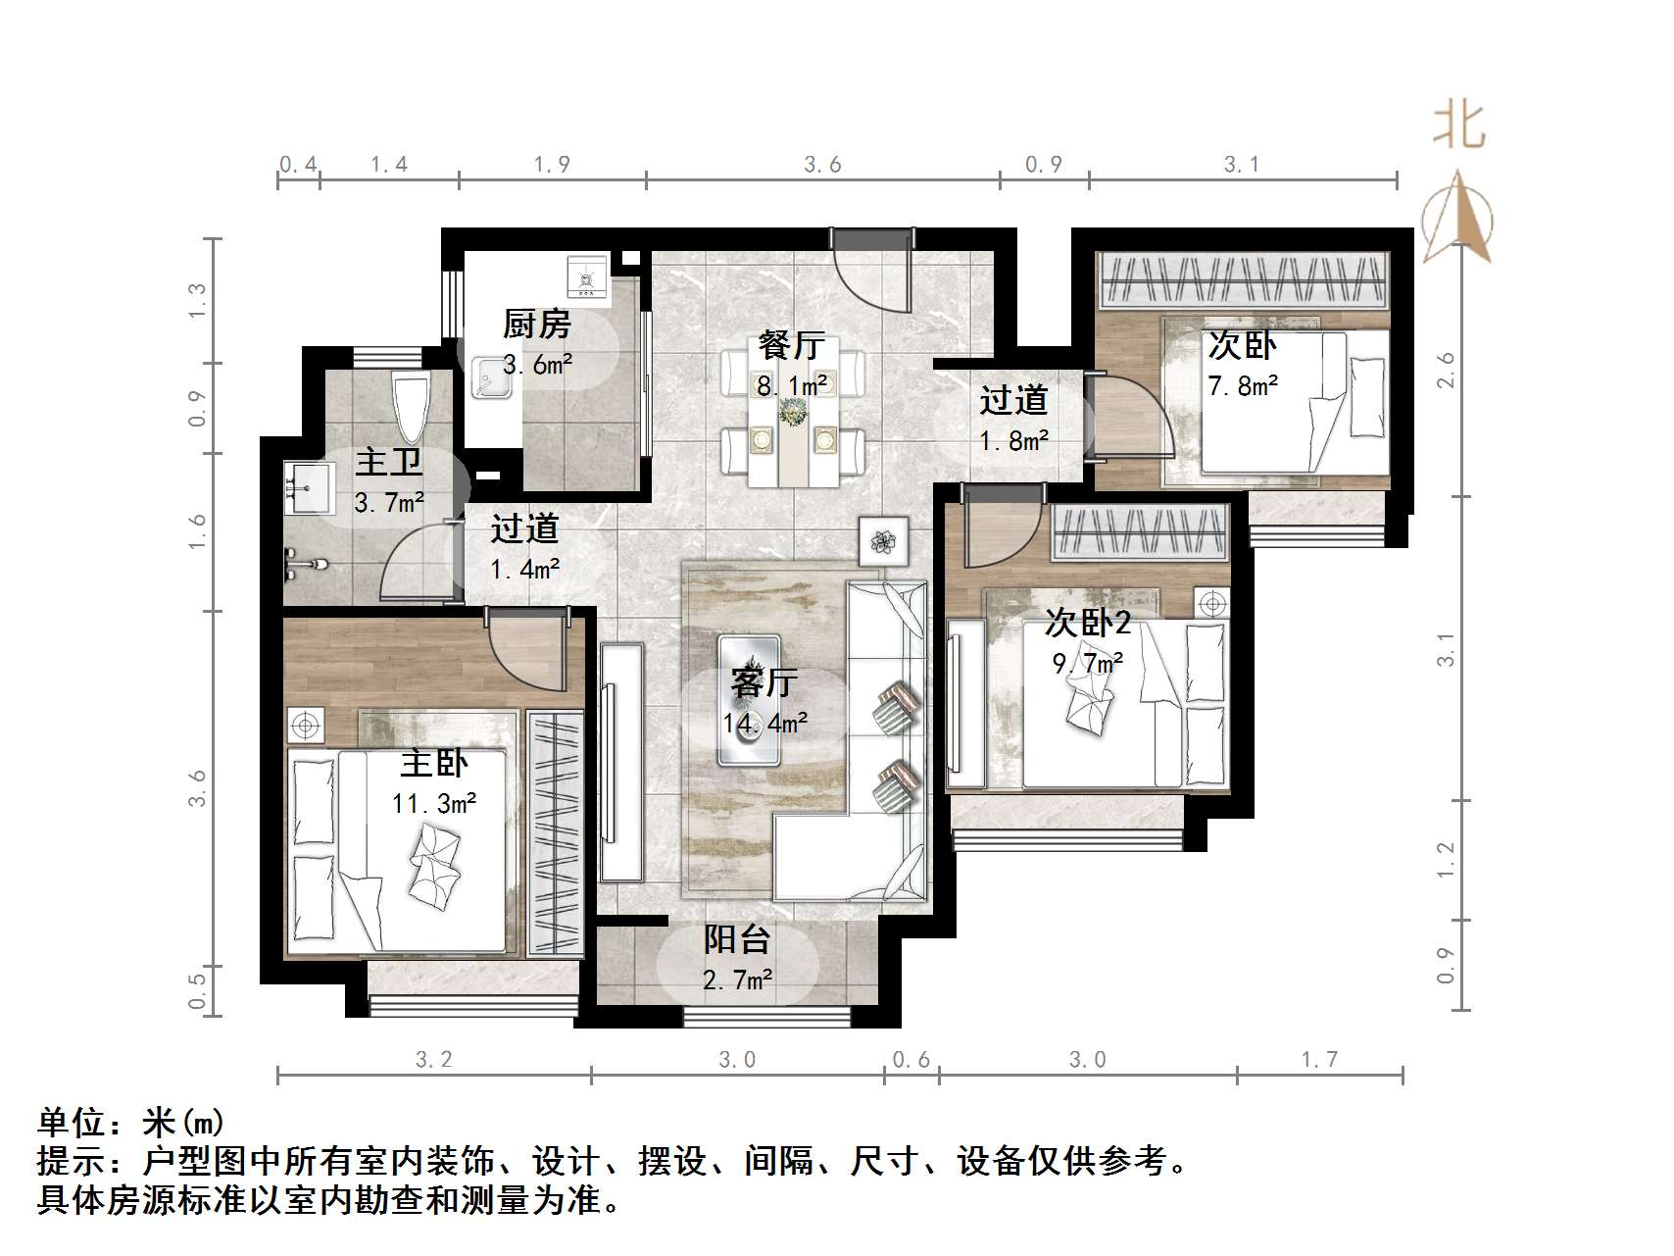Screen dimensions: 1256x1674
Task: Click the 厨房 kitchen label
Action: point(536,324)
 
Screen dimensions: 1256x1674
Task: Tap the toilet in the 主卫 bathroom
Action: point(409,408)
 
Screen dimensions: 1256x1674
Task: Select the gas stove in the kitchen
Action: point(588,276)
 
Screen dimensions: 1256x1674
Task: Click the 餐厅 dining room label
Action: point(791,346)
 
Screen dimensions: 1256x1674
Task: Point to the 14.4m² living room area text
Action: point(765,725)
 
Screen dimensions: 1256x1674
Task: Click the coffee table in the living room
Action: point(749,699)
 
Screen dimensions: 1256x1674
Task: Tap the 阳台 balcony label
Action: point(737,939)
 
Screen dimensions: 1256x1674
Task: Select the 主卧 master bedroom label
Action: point(434,764)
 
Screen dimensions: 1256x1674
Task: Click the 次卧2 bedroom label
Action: point(1087,622)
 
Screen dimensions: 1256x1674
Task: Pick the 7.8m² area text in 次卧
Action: point(1242,386)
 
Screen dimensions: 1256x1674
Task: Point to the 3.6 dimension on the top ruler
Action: point(822,165)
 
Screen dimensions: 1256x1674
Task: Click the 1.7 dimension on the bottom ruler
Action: point(1319,1059)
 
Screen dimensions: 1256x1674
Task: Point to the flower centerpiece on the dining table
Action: point(791,414)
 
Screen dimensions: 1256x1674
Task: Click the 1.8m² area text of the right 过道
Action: point(1014,441)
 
